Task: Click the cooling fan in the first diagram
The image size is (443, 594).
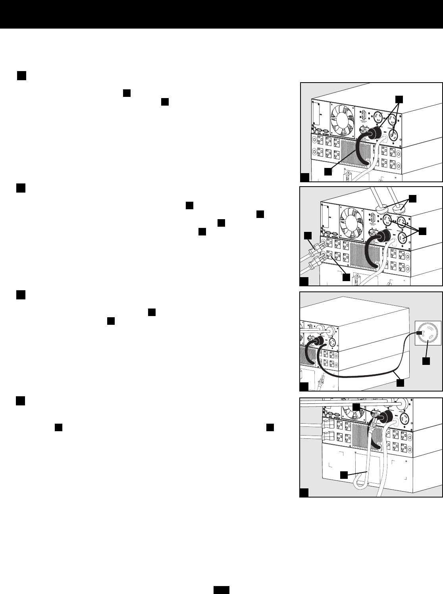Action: point(342,116)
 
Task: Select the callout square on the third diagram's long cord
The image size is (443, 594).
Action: point(401,382)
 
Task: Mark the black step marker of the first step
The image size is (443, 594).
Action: point(21,76)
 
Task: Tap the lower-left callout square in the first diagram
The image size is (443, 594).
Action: point(327,172)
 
